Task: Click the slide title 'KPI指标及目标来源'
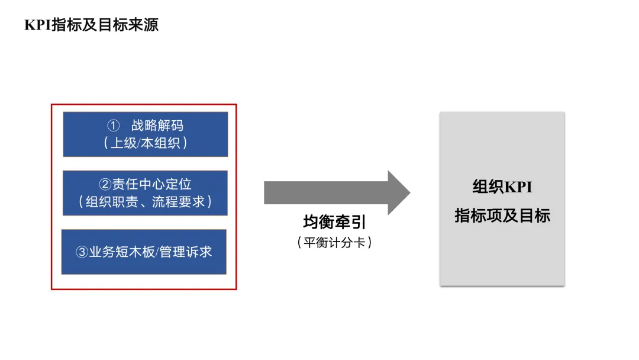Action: (91, 25)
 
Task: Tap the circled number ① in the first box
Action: (114, 126)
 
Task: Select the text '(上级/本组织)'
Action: (146, 143)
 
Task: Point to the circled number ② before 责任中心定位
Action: (105, 184)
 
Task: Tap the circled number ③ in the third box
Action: (82, 252)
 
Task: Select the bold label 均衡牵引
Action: (334, 222)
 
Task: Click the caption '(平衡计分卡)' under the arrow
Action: (334, 242)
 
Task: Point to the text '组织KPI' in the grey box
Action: (502, 187)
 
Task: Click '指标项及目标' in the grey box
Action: (502, 216)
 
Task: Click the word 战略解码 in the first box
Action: (157, 126)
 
